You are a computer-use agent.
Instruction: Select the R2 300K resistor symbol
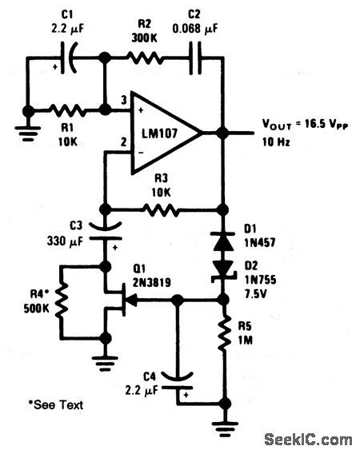(x=147, y=58)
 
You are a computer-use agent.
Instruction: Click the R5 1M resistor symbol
(x=225, y=336)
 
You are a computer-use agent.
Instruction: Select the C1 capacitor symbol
(x=70, y=57)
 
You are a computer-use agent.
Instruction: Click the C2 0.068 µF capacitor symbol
(x=195, y=58)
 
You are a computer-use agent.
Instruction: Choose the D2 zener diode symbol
(x=225, y=272)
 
